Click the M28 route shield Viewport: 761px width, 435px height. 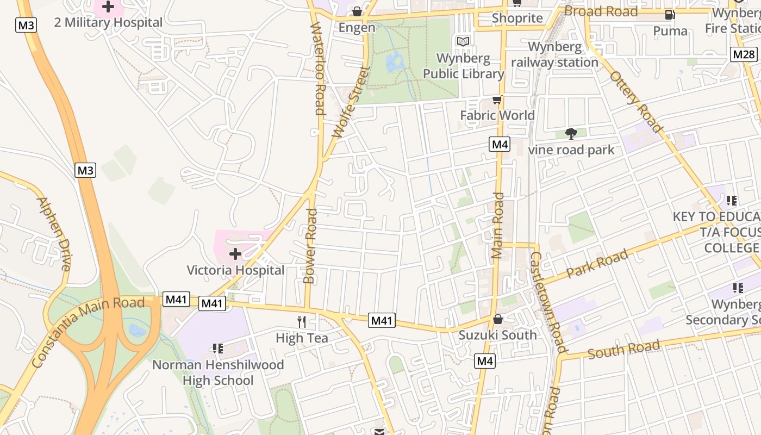744,54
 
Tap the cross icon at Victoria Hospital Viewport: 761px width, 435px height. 235,254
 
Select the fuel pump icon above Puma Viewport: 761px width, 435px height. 670,15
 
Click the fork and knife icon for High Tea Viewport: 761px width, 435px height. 302,321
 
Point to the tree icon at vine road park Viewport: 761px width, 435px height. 571,133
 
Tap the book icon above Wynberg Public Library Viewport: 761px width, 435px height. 463,41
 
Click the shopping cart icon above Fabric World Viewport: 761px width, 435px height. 497,100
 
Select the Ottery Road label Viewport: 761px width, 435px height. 637,102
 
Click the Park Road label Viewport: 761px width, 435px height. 597,264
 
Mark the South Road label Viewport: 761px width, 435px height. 624,349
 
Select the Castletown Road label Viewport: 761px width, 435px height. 548,302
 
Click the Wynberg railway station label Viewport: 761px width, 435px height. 554,54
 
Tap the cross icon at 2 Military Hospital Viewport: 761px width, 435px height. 108,7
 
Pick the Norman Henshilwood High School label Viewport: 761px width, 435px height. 218,372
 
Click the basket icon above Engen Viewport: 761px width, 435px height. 357,11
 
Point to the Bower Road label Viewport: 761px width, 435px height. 310,246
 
